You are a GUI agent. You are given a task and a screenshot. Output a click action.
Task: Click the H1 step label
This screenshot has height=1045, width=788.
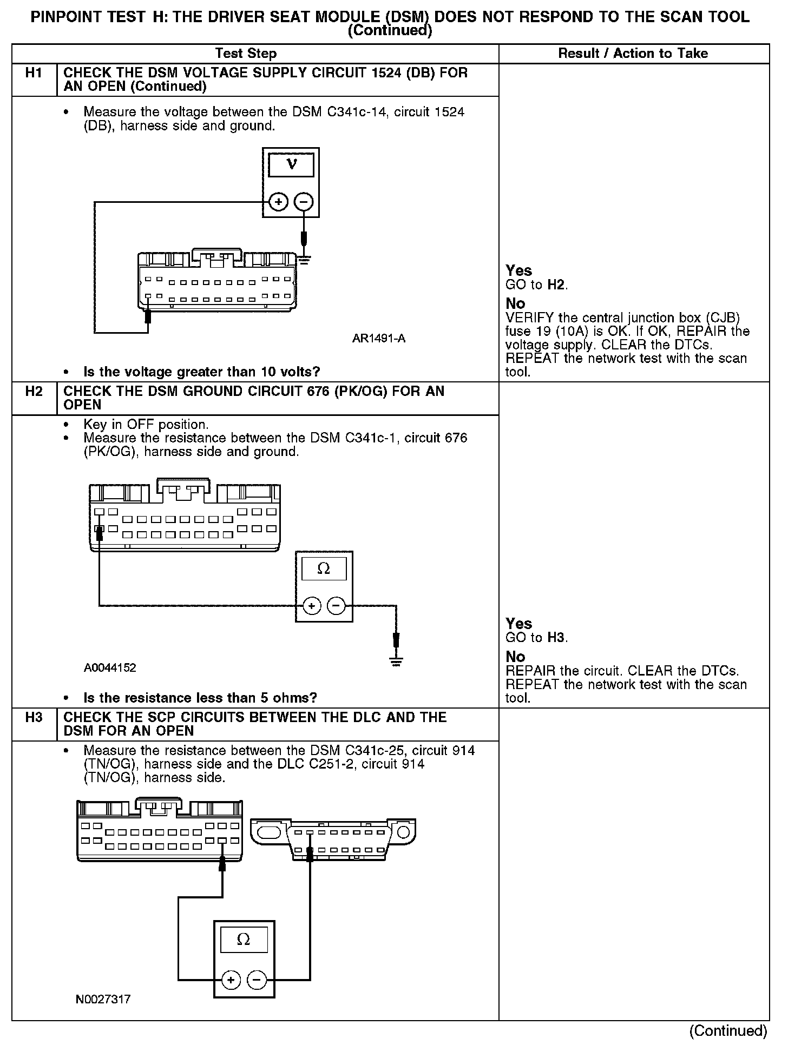point(34,73)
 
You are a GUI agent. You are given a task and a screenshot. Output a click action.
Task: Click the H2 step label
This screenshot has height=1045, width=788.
point(34,391)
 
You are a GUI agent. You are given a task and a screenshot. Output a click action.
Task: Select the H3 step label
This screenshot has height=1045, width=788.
point(34,717)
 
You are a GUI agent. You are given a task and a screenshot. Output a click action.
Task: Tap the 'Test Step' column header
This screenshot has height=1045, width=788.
point(246,54)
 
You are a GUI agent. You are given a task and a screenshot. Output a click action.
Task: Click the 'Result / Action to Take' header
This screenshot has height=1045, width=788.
point(633,54)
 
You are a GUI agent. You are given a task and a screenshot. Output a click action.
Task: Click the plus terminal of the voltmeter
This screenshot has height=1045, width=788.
point(278,202)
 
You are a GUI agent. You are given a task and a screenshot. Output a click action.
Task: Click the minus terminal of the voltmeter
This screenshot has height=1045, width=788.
point(304,202)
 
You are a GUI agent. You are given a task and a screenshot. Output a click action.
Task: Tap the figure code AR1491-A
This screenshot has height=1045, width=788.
point(378,339)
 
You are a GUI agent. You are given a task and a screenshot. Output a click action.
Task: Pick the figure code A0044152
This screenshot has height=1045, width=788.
point(110,667)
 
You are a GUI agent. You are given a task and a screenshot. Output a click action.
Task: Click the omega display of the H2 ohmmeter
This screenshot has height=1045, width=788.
point(324,569)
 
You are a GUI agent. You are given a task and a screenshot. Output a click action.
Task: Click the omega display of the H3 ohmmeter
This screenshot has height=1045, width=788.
point(244,941)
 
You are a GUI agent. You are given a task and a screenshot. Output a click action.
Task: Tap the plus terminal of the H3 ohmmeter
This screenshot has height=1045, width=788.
point(231,980)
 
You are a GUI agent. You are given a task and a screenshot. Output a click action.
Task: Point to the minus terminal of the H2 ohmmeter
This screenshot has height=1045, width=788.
point(337,606)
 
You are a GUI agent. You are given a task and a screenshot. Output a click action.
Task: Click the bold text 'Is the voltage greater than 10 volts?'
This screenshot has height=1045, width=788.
point(201,372)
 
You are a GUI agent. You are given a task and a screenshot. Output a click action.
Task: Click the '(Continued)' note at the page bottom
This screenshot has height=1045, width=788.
point(728,1031)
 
